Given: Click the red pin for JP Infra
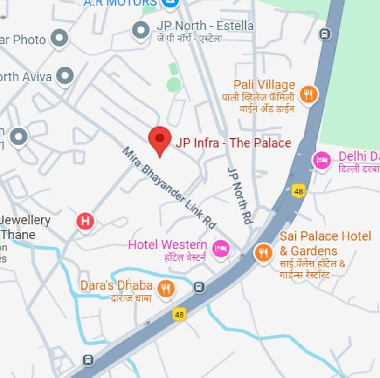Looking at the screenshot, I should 160,139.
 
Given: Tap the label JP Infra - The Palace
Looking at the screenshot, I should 233,143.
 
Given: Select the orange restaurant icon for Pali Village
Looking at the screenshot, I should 308,94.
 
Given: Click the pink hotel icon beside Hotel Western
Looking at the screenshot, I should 220,248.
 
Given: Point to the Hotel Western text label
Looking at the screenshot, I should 167,244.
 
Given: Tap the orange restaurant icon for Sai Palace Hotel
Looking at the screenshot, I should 264,253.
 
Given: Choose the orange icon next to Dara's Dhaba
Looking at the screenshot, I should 166,289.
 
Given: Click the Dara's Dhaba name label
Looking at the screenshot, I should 116,285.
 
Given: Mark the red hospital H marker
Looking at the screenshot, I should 85,220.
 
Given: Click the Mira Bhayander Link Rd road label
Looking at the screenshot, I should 170,188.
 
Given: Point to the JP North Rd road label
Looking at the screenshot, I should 240,195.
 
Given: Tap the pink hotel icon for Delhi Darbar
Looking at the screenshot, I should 322,161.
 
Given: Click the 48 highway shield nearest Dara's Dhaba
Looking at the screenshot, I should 179,315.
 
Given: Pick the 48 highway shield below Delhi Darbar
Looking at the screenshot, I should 299,190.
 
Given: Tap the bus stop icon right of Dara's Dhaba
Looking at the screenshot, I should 200,287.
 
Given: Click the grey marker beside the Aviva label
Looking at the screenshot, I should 65,75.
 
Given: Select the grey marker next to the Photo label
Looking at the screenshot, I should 60,38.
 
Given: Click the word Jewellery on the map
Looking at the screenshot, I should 26,220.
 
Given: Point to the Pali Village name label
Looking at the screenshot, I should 264,85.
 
